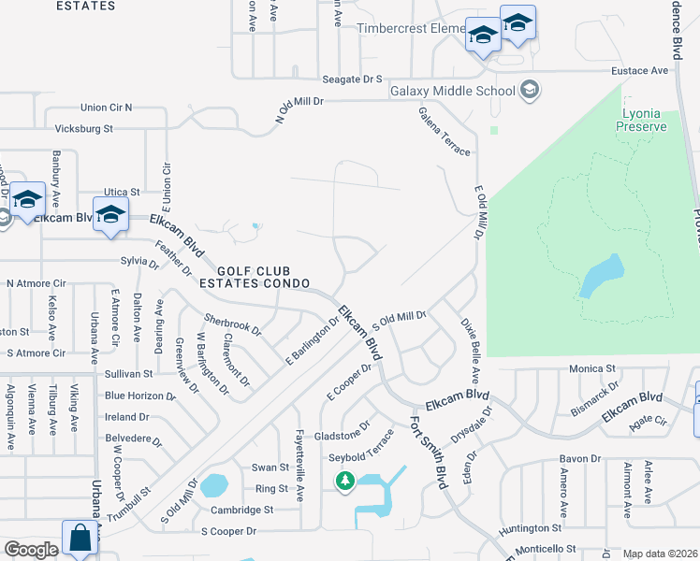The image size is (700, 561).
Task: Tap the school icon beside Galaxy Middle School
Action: pos(530,90)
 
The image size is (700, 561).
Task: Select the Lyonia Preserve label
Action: pos(644,120)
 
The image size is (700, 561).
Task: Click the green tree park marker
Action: pos(345,482)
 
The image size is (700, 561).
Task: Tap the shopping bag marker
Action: pos(80,539)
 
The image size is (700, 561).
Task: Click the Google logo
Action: pos(31,550)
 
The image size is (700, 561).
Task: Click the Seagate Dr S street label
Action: pos(353,80)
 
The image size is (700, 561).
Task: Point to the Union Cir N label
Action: pos(107,108)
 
